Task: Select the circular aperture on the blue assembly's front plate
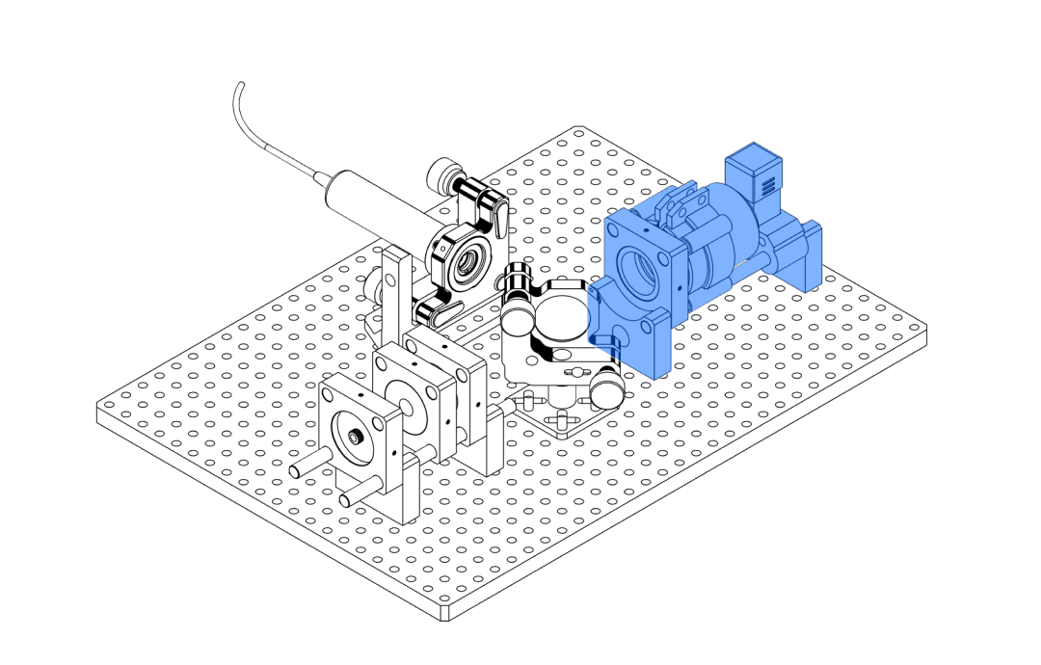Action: [x=637, y=272]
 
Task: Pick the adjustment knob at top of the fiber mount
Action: [x=444, y=174]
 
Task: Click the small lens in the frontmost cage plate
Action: [x=356, y=438]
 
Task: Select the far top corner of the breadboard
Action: [x=576, y=130]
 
